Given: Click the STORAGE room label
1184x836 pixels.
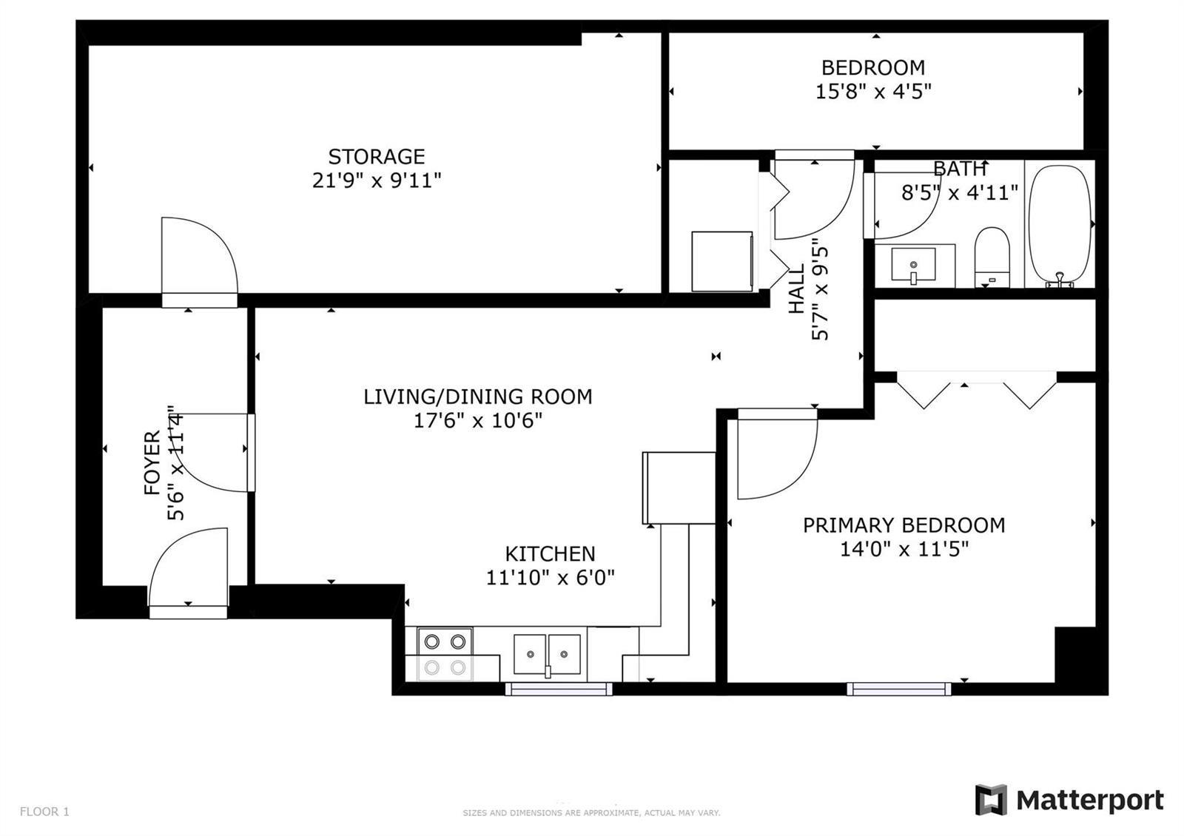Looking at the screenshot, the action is pos(377,157).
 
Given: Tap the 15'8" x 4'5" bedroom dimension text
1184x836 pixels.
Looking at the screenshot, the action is pos(873,92).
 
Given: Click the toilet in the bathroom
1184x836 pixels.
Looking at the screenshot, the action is pos(992,257).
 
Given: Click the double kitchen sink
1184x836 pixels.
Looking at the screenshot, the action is pos(547,654).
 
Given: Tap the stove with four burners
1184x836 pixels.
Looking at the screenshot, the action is pos(445,654).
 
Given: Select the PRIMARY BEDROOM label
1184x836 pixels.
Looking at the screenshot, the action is pos(904,525).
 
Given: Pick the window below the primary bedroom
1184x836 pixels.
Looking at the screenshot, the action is pos(898,689).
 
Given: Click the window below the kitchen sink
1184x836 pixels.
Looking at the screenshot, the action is pos(559,689).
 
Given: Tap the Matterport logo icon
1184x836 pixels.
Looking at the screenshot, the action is pos(991,800).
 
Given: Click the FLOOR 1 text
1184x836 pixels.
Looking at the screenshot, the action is pos(44,811).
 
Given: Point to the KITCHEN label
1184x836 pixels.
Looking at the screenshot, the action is pos(551,554).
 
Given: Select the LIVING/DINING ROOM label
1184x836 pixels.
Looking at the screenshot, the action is pos(478,397).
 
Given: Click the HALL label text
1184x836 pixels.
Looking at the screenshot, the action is pos(796,289).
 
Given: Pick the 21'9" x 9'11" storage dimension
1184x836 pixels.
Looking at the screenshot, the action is pos(377,181).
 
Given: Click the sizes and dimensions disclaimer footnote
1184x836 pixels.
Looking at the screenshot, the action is pos(591,813).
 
